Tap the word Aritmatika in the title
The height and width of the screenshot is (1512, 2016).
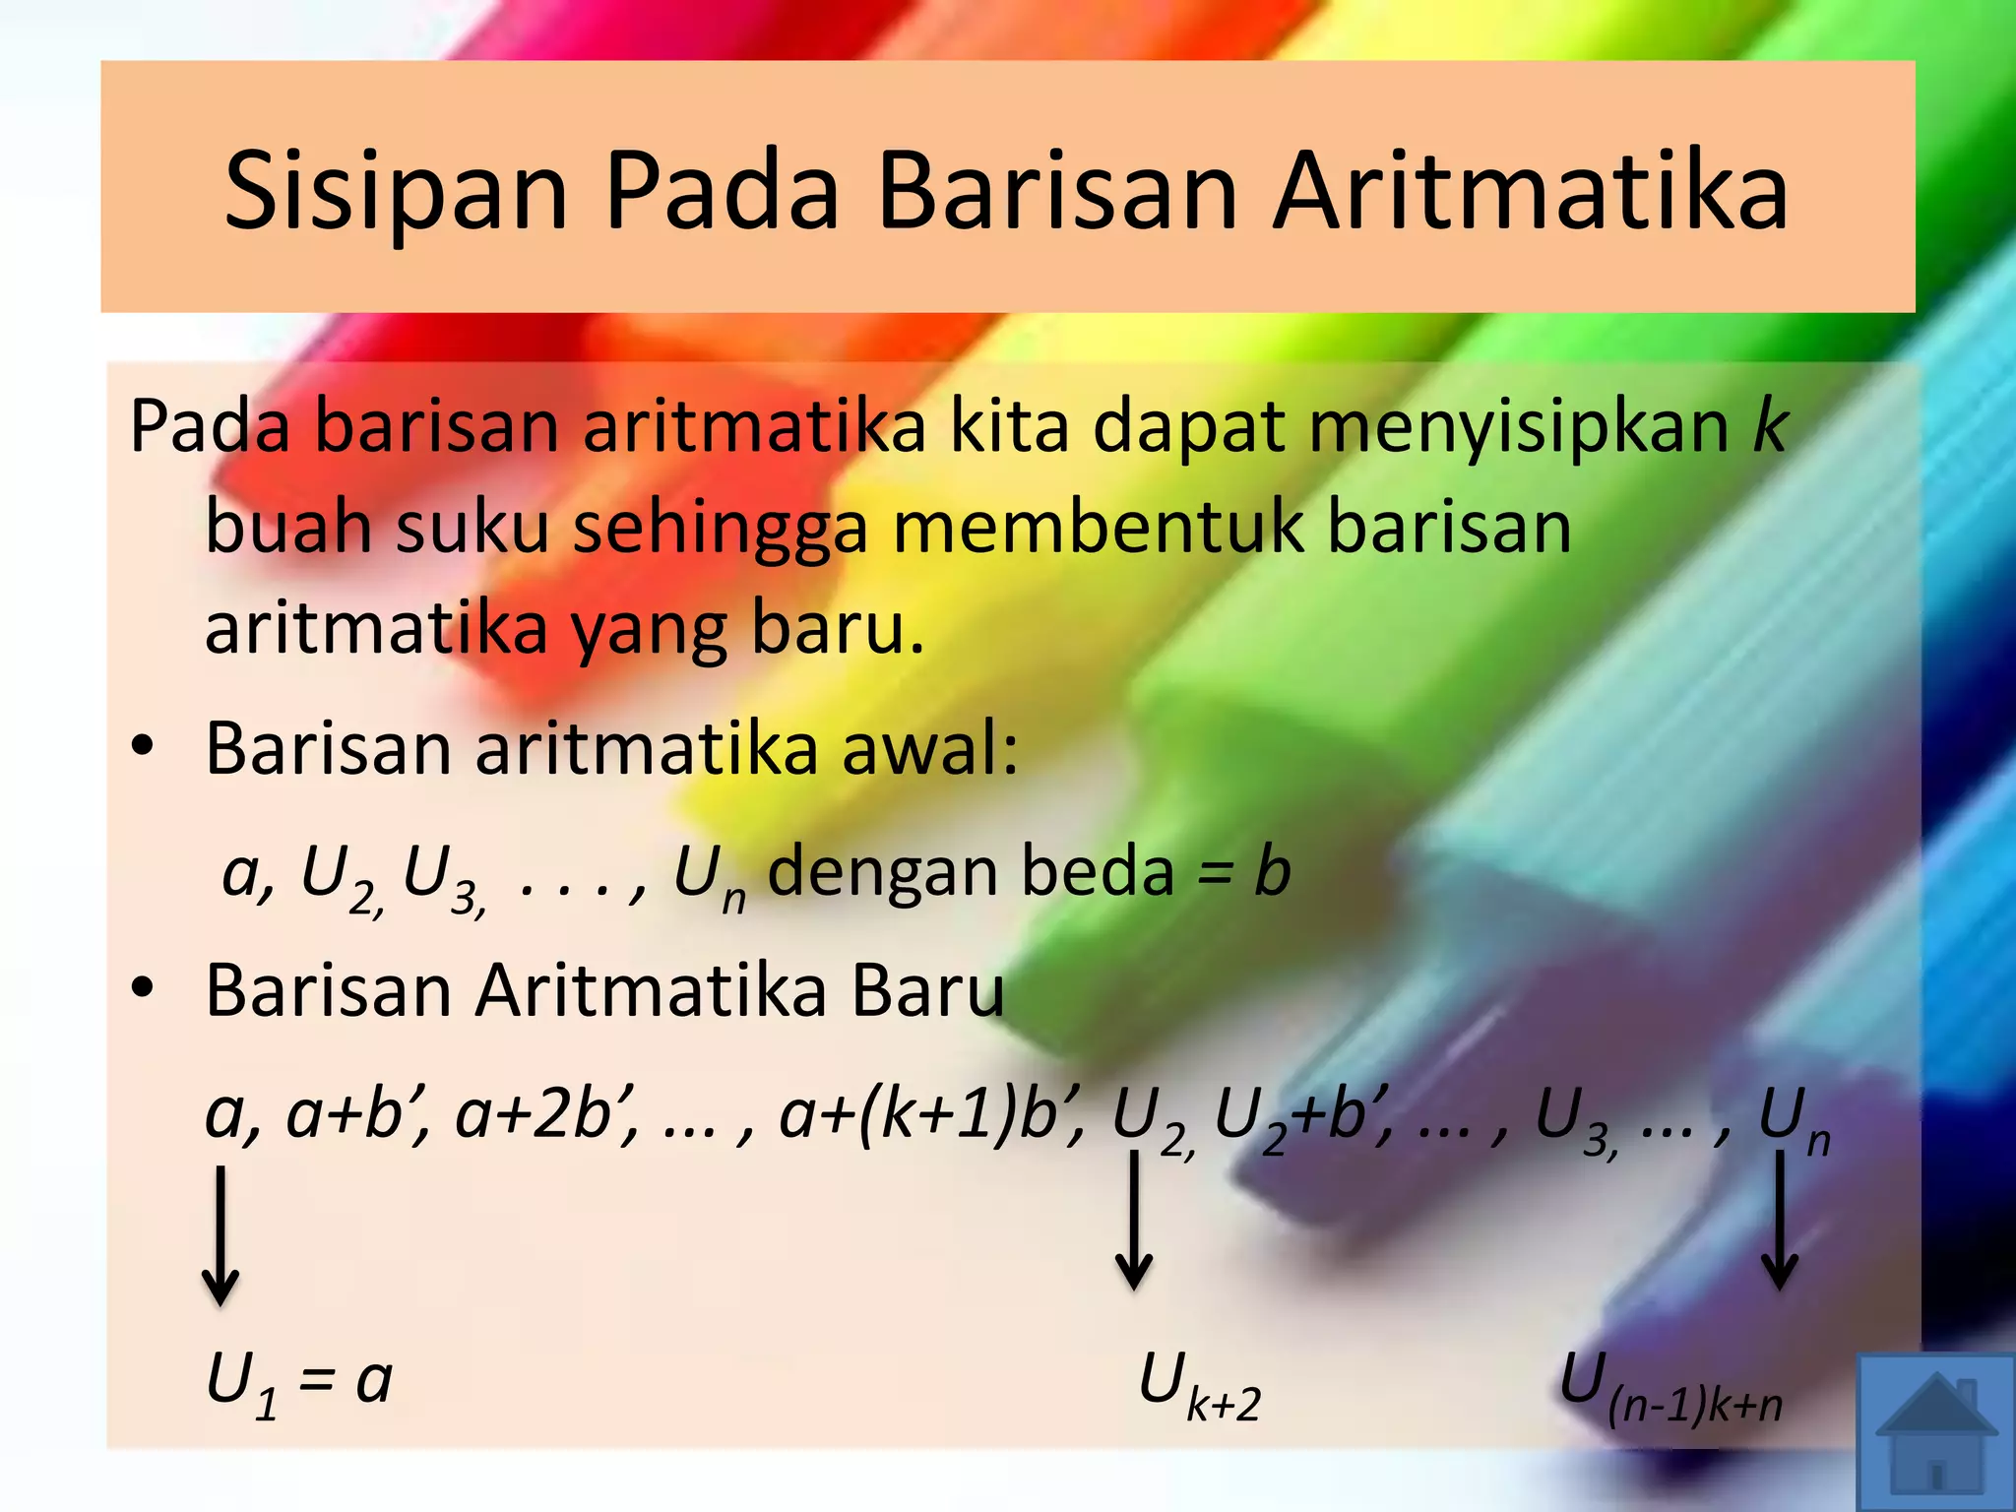pos(1530,192)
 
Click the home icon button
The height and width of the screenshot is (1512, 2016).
pos(1936,1432)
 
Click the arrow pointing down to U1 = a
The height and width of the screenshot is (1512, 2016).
pos(220,1235)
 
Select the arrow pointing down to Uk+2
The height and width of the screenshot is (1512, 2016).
pos(1134,1221)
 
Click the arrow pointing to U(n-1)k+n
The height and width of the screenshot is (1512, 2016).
pos(1780,1221)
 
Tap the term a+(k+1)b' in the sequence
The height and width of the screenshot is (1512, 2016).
pos(931,1115)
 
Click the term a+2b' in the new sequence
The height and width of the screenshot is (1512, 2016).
pos(545,1115)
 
